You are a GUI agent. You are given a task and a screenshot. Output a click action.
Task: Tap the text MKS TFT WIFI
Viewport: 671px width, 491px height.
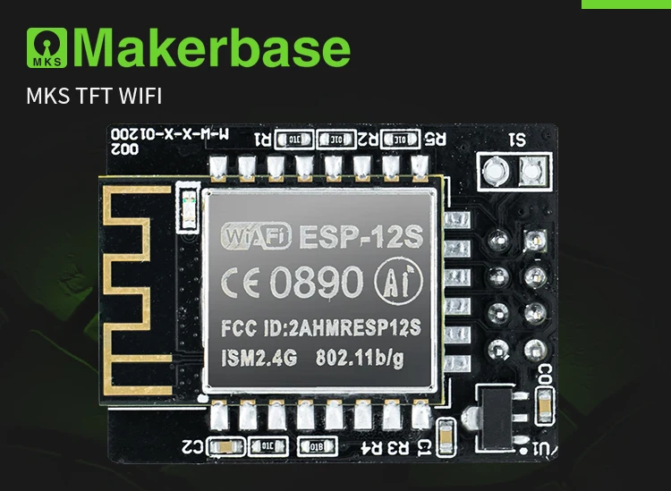tap(94, 95)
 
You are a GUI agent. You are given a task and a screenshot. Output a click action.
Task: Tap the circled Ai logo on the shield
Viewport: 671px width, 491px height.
tap(394, 279)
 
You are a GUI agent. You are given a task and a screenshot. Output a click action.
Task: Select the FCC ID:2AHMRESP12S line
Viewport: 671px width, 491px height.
tap(319, 326)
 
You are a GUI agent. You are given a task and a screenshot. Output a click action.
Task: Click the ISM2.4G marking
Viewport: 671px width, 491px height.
tap(259, 358)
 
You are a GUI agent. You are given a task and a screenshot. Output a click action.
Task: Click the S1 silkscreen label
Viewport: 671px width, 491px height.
tap(518, 140)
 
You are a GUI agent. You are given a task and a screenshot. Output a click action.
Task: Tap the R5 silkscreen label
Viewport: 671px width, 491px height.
tap(435, 139)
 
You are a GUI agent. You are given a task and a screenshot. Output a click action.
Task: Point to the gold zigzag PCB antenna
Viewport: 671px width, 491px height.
tap(143, 286)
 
